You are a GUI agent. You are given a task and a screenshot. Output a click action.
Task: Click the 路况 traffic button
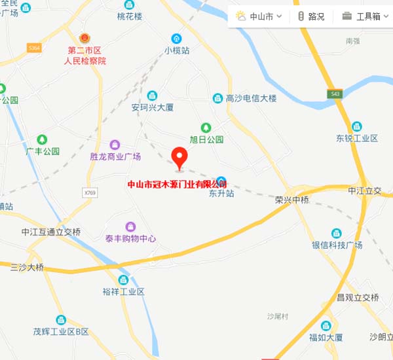click(x=310, y=16)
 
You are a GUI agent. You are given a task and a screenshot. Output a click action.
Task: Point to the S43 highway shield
click(x=335, y=94)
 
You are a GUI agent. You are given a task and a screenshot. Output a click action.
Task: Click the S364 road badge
click(x=34, y=48)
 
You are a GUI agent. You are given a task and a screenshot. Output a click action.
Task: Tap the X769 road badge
click(x=90, y=192)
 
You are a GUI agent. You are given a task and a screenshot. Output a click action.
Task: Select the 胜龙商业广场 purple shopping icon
click(x=115, y=144)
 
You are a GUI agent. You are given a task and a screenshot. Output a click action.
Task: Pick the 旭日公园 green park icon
click(x=206, y=127)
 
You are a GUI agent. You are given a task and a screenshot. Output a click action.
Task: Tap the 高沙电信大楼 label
click(x=252, y=98)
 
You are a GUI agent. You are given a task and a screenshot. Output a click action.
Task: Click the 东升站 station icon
click(x=221, y=181)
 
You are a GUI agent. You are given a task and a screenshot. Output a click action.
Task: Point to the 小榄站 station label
click(x=177, y=50)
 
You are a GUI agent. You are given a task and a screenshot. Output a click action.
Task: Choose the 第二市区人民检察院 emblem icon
click(x=84, y=39)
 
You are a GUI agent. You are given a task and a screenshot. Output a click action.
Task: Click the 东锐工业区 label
click(x=357, y=138)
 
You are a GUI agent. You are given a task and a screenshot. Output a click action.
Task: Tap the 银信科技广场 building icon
click(x=337, y=233)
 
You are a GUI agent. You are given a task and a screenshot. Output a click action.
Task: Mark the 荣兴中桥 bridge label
click(x=292, y=200)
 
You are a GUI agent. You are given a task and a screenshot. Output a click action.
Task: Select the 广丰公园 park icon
click(x=42, y=139)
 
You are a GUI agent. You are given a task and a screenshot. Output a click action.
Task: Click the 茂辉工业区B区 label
click(x=61, y=332)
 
